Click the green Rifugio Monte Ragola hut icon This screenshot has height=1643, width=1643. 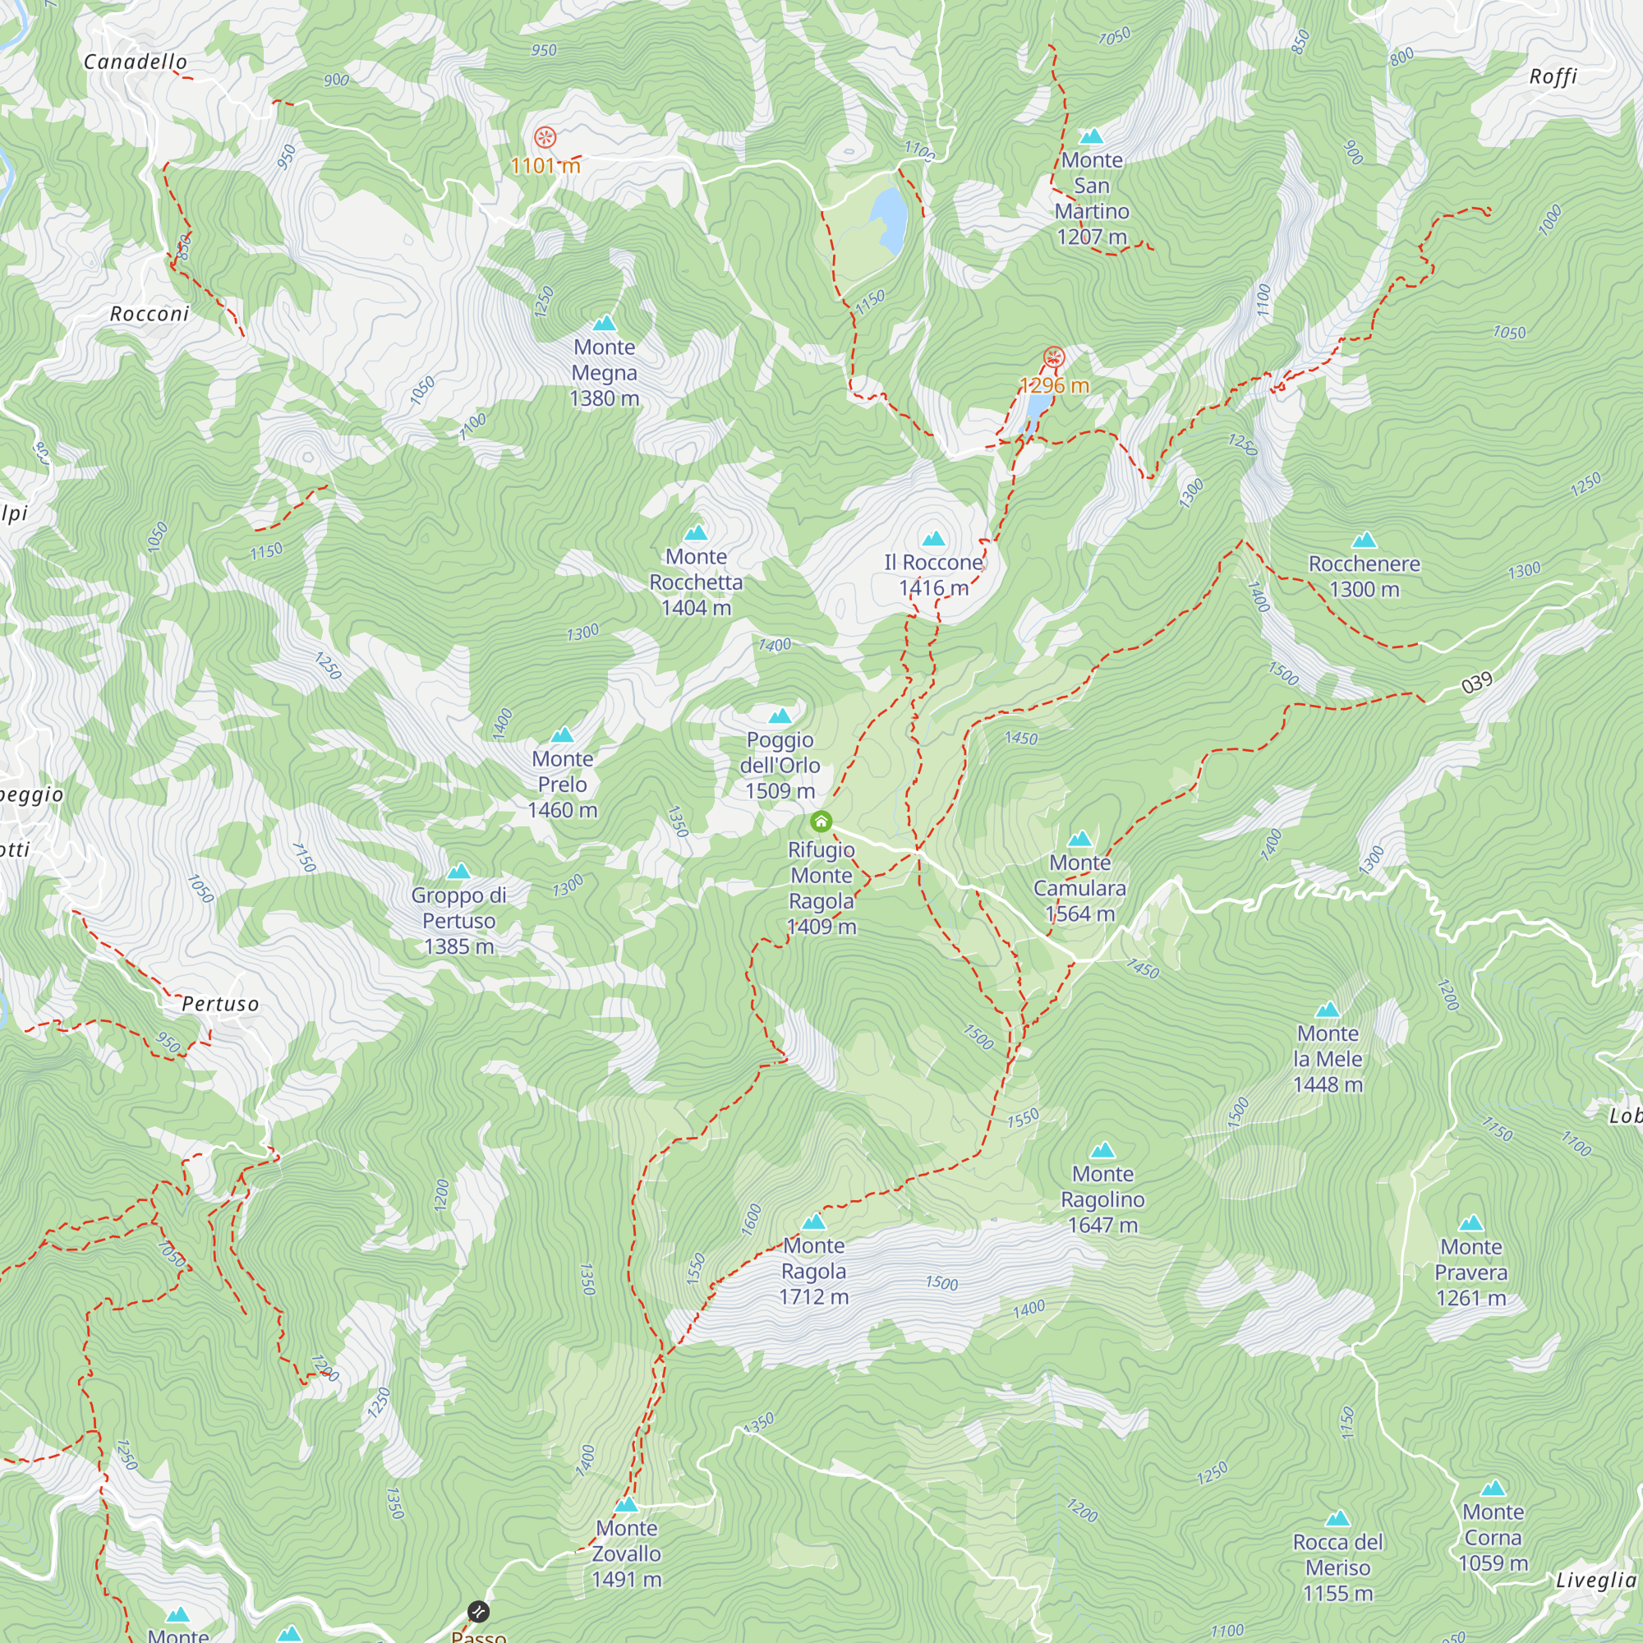coord(821,821)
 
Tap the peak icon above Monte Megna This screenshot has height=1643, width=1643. coord(605,324)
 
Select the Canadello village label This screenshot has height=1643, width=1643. coord(136,62)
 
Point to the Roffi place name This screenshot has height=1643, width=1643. coord(1553,76)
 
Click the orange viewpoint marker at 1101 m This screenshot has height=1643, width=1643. coord(545,137)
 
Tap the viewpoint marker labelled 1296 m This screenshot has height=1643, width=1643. coord(1054,357)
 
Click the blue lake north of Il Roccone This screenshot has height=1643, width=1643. coord(890,219)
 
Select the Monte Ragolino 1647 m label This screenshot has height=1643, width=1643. coord(1102,1199)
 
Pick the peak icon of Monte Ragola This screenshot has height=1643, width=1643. coord(814,1223)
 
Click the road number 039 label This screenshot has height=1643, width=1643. coord(1477,683)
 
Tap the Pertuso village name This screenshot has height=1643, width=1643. coord(220,1005)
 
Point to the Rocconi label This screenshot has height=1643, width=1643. coord(150,314)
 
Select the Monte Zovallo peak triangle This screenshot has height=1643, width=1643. coord(627,1505)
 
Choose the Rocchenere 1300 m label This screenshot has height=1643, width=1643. coord(1364,576)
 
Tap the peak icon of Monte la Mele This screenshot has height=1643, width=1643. coord(1328,1011)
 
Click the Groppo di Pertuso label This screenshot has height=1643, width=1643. coord(458,920)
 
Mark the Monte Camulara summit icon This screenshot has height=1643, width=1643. coord(1080,840)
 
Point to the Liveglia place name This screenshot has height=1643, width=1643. coord(1595,1580)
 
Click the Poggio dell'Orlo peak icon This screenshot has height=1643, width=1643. coord(780,717)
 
